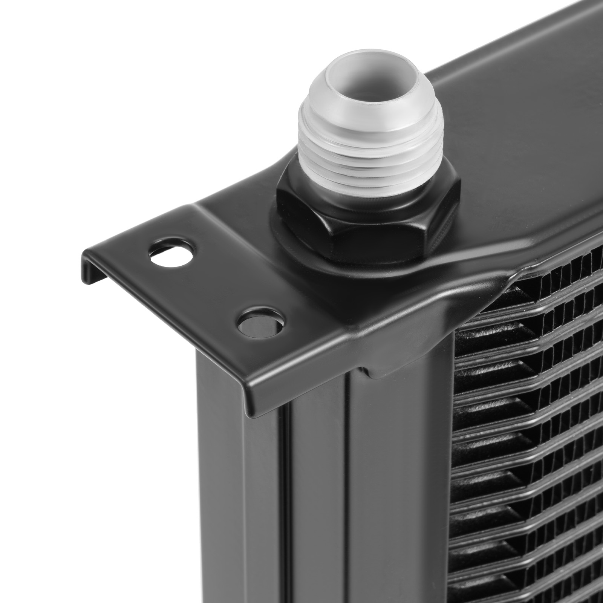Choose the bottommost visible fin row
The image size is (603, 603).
[x=528, y=588]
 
